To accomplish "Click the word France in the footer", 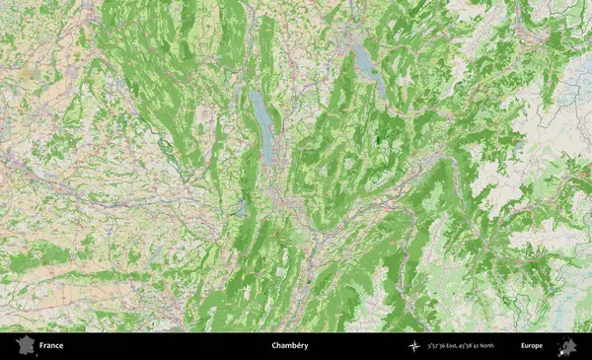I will click(51, 346).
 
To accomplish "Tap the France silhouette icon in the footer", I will click(23, 346).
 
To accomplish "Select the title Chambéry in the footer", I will click(289, 346).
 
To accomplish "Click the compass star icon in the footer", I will click(414, 346).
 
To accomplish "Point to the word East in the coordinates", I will click(459, 346).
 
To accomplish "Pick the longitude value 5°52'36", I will click(440, 346).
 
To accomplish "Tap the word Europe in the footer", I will click(532, 346).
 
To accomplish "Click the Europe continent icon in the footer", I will click(567, 346).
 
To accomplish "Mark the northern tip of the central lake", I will click(256, 93).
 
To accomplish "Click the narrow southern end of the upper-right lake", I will click(376, 79).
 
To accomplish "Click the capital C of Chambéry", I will click(273, 346).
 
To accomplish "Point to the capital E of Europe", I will click(523, 346).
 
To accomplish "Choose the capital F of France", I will click(42, 346).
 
